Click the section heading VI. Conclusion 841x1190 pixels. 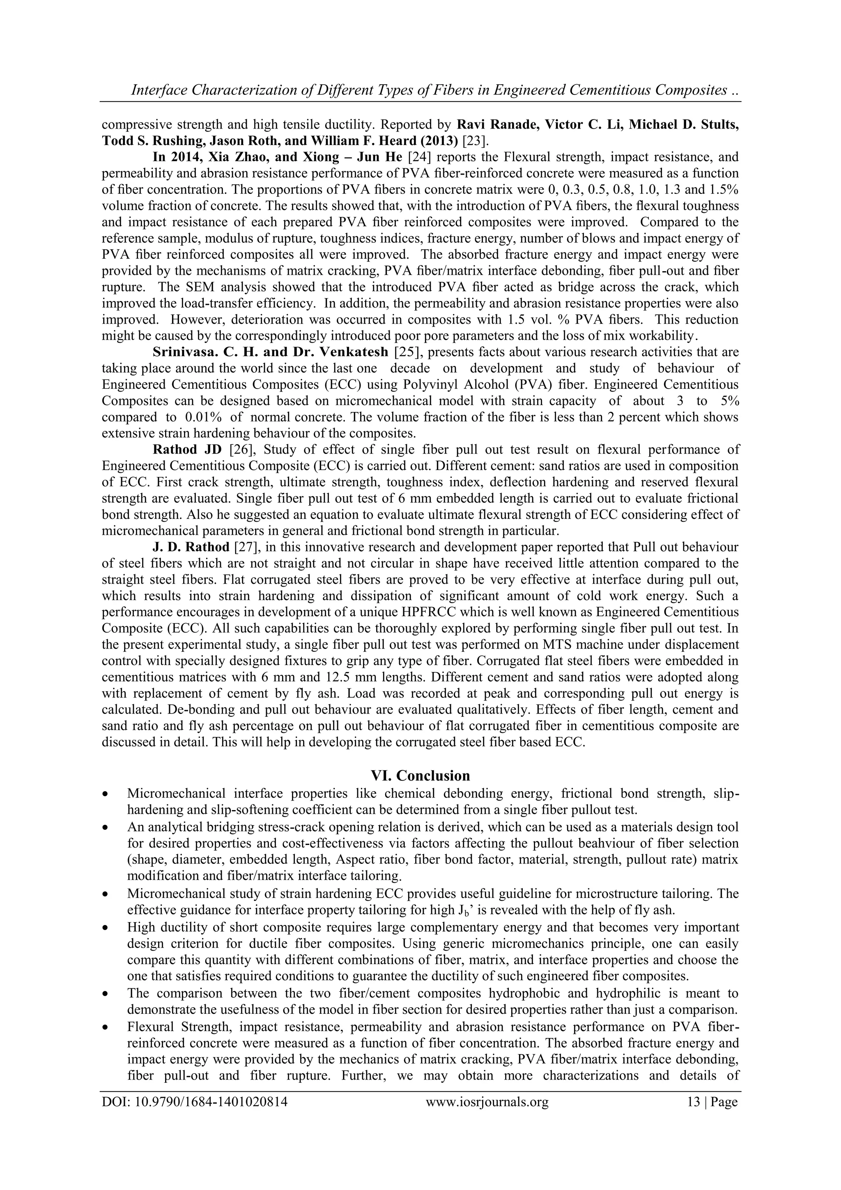pos(420,776)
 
